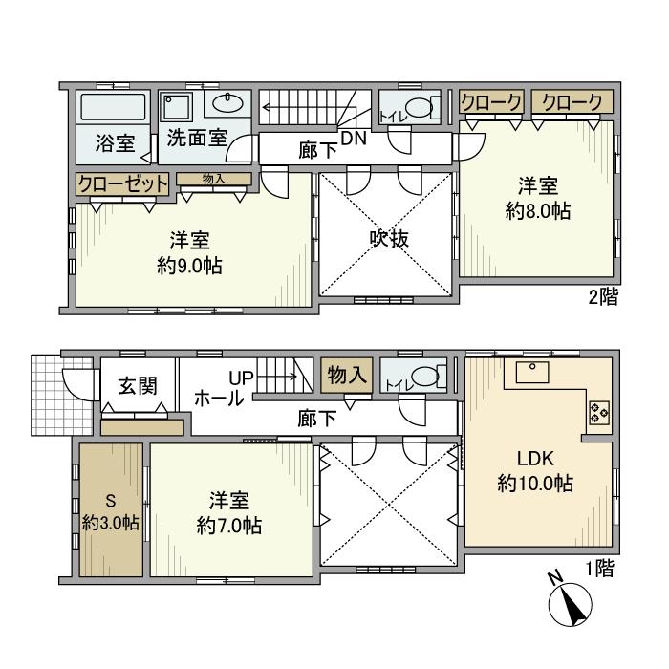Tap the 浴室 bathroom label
tap(114, 145)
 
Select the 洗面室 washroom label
tap(197, 137)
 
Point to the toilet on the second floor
tap(415, 108)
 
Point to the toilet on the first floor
tap(416, 377)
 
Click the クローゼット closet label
tap(122, 183)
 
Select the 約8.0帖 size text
tap(538, 211)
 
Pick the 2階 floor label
tap(602, 297)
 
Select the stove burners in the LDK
tap(598, 414)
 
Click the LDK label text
tap(535, 457)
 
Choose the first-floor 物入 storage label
tap(346, 376)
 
